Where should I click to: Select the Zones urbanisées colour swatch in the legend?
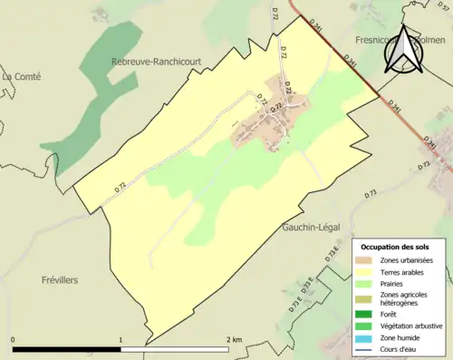(368, 260)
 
